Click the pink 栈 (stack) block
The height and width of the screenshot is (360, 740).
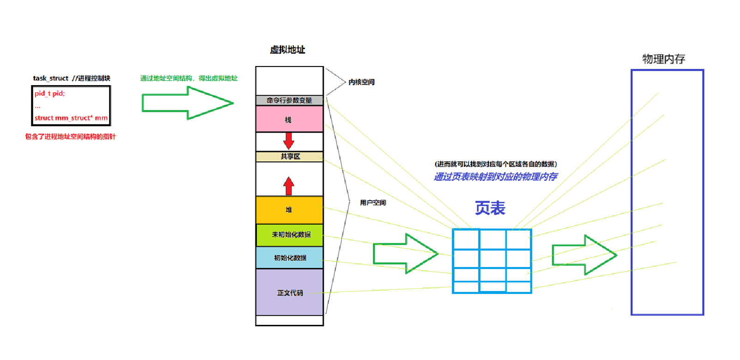tap(289, 119)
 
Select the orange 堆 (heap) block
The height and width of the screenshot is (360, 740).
tap(289, 210)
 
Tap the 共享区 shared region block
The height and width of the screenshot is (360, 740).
tap(290, 157)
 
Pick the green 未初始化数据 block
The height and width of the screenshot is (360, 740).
tap(290, 235)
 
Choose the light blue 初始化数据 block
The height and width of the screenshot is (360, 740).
tap(290, 258)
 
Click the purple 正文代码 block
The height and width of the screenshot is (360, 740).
tap(290, 293)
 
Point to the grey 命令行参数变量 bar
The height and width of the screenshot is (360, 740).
tap(289, 100)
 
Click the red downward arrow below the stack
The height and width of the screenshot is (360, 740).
tap(289, 140)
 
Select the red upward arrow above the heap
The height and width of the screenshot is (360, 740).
tap(289, 186)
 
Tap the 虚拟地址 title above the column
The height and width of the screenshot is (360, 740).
tap(287, 50)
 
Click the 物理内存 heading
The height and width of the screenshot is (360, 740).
tap(663, 59)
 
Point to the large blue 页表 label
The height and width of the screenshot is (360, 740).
tap(490, 208)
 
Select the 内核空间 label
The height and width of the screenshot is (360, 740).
tap(361, 82)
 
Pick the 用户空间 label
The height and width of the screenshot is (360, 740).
tap(372, 203)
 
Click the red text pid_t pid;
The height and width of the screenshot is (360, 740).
tap(50, 93)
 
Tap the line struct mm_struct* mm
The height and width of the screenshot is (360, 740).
tap(71, 118)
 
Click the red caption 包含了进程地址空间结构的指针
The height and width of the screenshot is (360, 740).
tap(70, 137)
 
